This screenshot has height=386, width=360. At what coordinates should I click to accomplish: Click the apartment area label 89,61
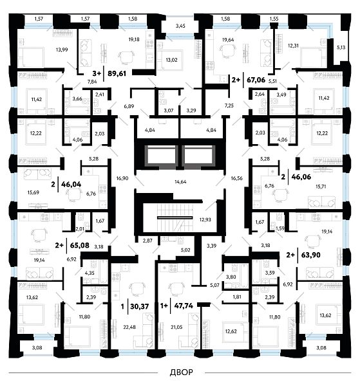117,73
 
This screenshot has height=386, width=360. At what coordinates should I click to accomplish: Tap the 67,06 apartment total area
256,80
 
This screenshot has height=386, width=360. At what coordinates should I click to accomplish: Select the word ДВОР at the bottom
182,372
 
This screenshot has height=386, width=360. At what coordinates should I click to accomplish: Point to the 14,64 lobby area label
180,181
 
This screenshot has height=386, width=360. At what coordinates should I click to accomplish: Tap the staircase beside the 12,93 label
175,217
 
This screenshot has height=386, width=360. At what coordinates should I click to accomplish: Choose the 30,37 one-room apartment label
140,306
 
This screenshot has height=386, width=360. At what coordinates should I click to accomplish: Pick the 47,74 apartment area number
184,306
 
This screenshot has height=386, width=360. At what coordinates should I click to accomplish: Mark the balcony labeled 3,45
180,26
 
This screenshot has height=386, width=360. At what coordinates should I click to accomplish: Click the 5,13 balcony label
341,47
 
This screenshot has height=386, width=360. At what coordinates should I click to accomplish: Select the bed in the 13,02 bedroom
170,60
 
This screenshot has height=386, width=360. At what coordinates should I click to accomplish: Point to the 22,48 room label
129,327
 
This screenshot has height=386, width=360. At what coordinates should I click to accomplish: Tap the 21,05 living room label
176,327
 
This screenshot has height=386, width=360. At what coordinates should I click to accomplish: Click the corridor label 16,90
122,178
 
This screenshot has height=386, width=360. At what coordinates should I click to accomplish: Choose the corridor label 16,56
237,178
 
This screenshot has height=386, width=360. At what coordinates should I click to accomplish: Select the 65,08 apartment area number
80,246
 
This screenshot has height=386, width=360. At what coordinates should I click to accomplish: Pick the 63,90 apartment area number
310,255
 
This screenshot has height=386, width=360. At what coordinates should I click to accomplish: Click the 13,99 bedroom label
62,50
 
